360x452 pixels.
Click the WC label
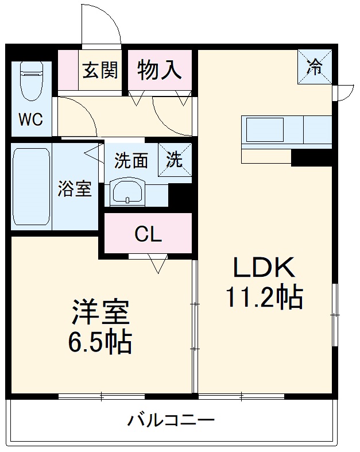click(x=30, y=119)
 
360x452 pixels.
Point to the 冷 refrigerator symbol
click(x=315, y=67)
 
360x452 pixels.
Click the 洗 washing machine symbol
click(x=175, y=159)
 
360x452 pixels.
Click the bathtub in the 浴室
click(x=32, y=187)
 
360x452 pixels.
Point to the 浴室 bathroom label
click(x=75, y=188)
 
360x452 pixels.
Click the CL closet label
click(x=148, y=234)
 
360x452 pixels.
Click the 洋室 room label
click(x=101, y=313)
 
